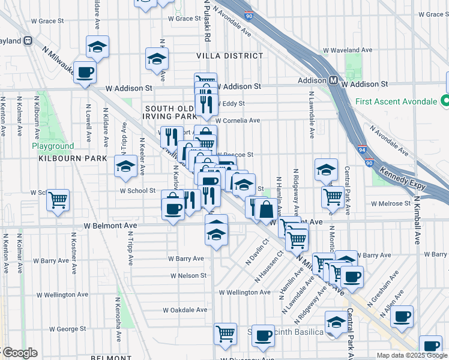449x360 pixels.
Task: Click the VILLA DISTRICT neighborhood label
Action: pyautogui.click(x=230, y=56)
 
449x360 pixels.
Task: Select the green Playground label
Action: pyautogui.click(x=53, y=146)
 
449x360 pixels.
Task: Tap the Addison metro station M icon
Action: pyautogui.click(x=333, y=80)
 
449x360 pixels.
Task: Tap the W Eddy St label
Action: pyautogui.click(x=230, y=103)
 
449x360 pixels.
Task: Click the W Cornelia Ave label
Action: pyautogui.click(x=238, y=120)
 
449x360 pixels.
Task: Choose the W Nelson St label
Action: pyautogui.click(x=188, y=276)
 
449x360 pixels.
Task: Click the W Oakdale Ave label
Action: pyautogui.click(x=185, y=310)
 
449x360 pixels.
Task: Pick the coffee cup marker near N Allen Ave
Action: pyautogui.click(x=402, y=316)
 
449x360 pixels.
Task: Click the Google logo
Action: pyautogui.click(x=20, y=353)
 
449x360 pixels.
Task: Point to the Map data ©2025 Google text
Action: pyautogui.click(x=411, y=355)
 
